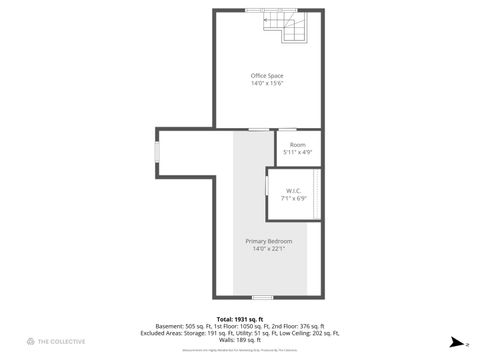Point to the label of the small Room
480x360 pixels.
pos(297,145)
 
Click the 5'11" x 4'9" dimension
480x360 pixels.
pos(297,152)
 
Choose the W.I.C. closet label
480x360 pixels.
pos(294,191)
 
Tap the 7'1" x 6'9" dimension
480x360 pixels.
pos(294,198)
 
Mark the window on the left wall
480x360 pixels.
pos(156,150)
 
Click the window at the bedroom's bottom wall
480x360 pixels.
pos(262,296)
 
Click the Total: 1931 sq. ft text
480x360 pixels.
pos(239,318)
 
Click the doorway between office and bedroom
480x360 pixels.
pos(258,129)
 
